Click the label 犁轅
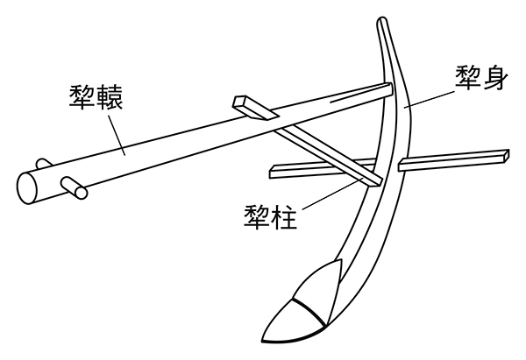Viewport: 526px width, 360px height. [x=95, y=94]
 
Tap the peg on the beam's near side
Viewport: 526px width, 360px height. [x=73, y=186]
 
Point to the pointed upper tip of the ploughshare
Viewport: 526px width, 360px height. [x=336, y=263]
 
